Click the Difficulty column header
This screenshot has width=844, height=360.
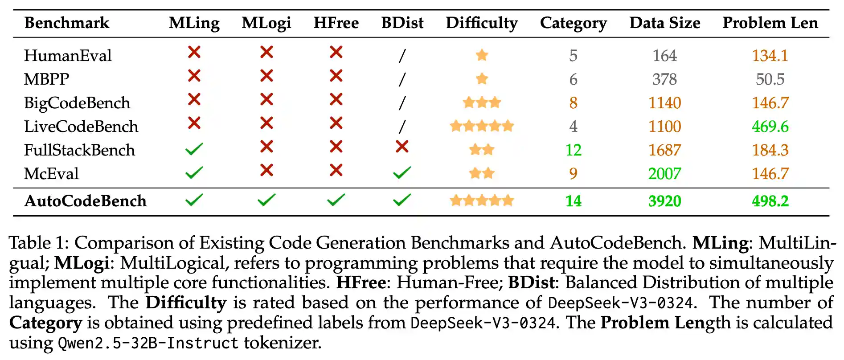pos(482,23)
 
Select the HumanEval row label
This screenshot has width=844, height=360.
pos(68,56)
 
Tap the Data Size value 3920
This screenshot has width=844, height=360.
pos(664,201)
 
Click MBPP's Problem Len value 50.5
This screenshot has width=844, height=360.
pos(770,79)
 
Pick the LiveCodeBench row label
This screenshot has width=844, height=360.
pos(81,127)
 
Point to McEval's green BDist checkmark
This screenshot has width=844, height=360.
pos(402,173)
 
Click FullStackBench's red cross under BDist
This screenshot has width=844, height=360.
pos(402,147)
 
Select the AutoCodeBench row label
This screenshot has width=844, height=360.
pos(86,201)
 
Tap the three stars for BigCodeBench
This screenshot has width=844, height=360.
pos(482,103)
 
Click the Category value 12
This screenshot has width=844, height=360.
pos(574,150)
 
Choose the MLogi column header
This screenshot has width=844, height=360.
pos(266,23)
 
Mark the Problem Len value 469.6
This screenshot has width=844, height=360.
pos(770,127)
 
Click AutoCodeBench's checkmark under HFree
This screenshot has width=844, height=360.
pos(336,200)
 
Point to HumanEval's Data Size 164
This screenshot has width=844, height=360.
pos(664,56)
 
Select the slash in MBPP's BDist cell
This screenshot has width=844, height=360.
pos(402,79)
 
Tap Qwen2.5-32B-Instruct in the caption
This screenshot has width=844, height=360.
pos(148,343)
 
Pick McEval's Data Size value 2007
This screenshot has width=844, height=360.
pos(664,174)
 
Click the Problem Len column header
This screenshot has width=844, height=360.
pos(770,23)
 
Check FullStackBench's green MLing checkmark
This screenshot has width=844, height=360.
pos(194,149)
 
